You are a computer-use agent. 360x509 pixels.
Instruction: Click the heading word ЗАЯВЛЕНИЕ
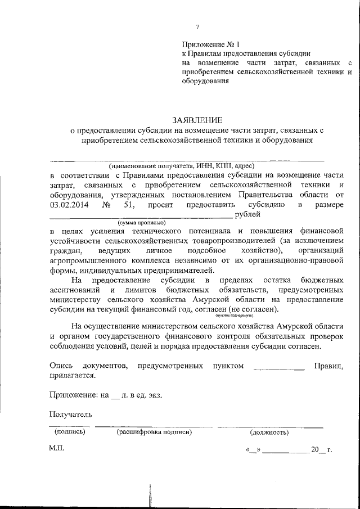click(x=197, y=120)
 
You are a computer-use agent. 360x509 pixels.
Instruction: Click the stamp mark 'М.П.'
click(x=57, y=449)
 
